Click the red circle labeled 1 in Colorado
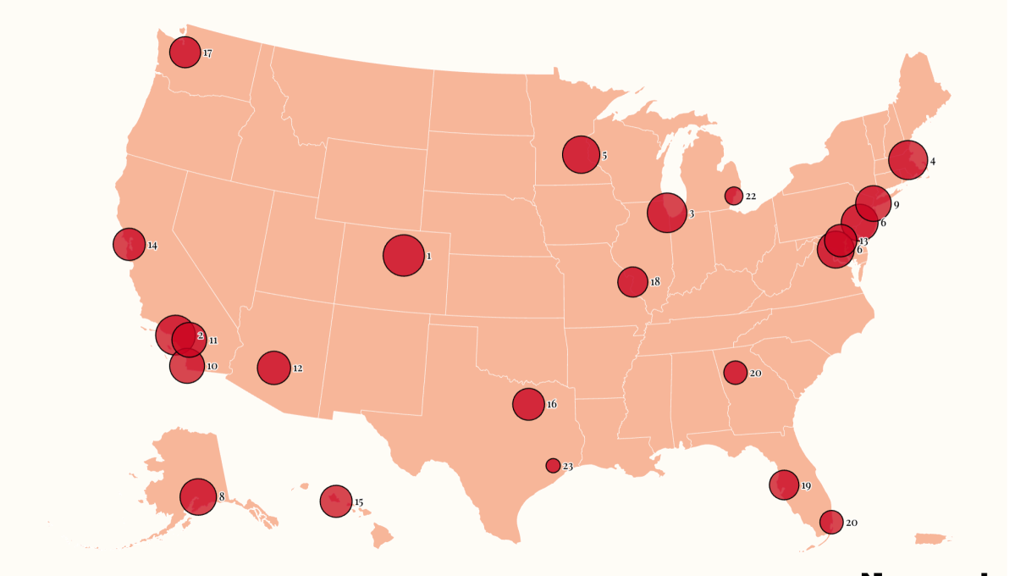coord(403,255)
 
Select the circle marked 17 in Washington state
coord(185,53)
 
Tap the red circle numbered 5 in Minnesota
coord(581,154)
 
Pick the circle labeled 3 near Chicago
coord(666,212)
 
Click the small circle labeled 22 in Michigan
coord(734,196)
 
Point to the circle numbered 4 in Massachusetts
coord(907,160)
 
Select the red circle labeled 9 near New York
coord(873,203)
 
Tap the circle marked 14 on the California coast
coord(129,244)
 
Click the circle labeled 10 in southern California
coord(187,366)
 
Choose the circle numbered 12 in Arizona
coord(273,368)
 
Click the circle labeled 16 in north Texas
coord(528,404)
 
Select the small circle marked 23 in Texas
coord(553,465)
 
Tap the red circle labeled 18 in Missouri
coord(632,281)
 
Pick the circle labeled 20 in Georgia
coord(735,372)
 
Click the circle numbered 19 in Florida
coord(784,485)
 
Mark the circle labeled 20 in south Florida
coord(831,522)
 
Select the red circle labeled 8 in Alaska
coord(198,496)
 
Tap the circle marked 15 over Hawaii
coord(336,501)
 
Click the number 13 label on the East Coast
coord(863,241)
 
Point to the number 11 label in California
coord(212,341)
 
